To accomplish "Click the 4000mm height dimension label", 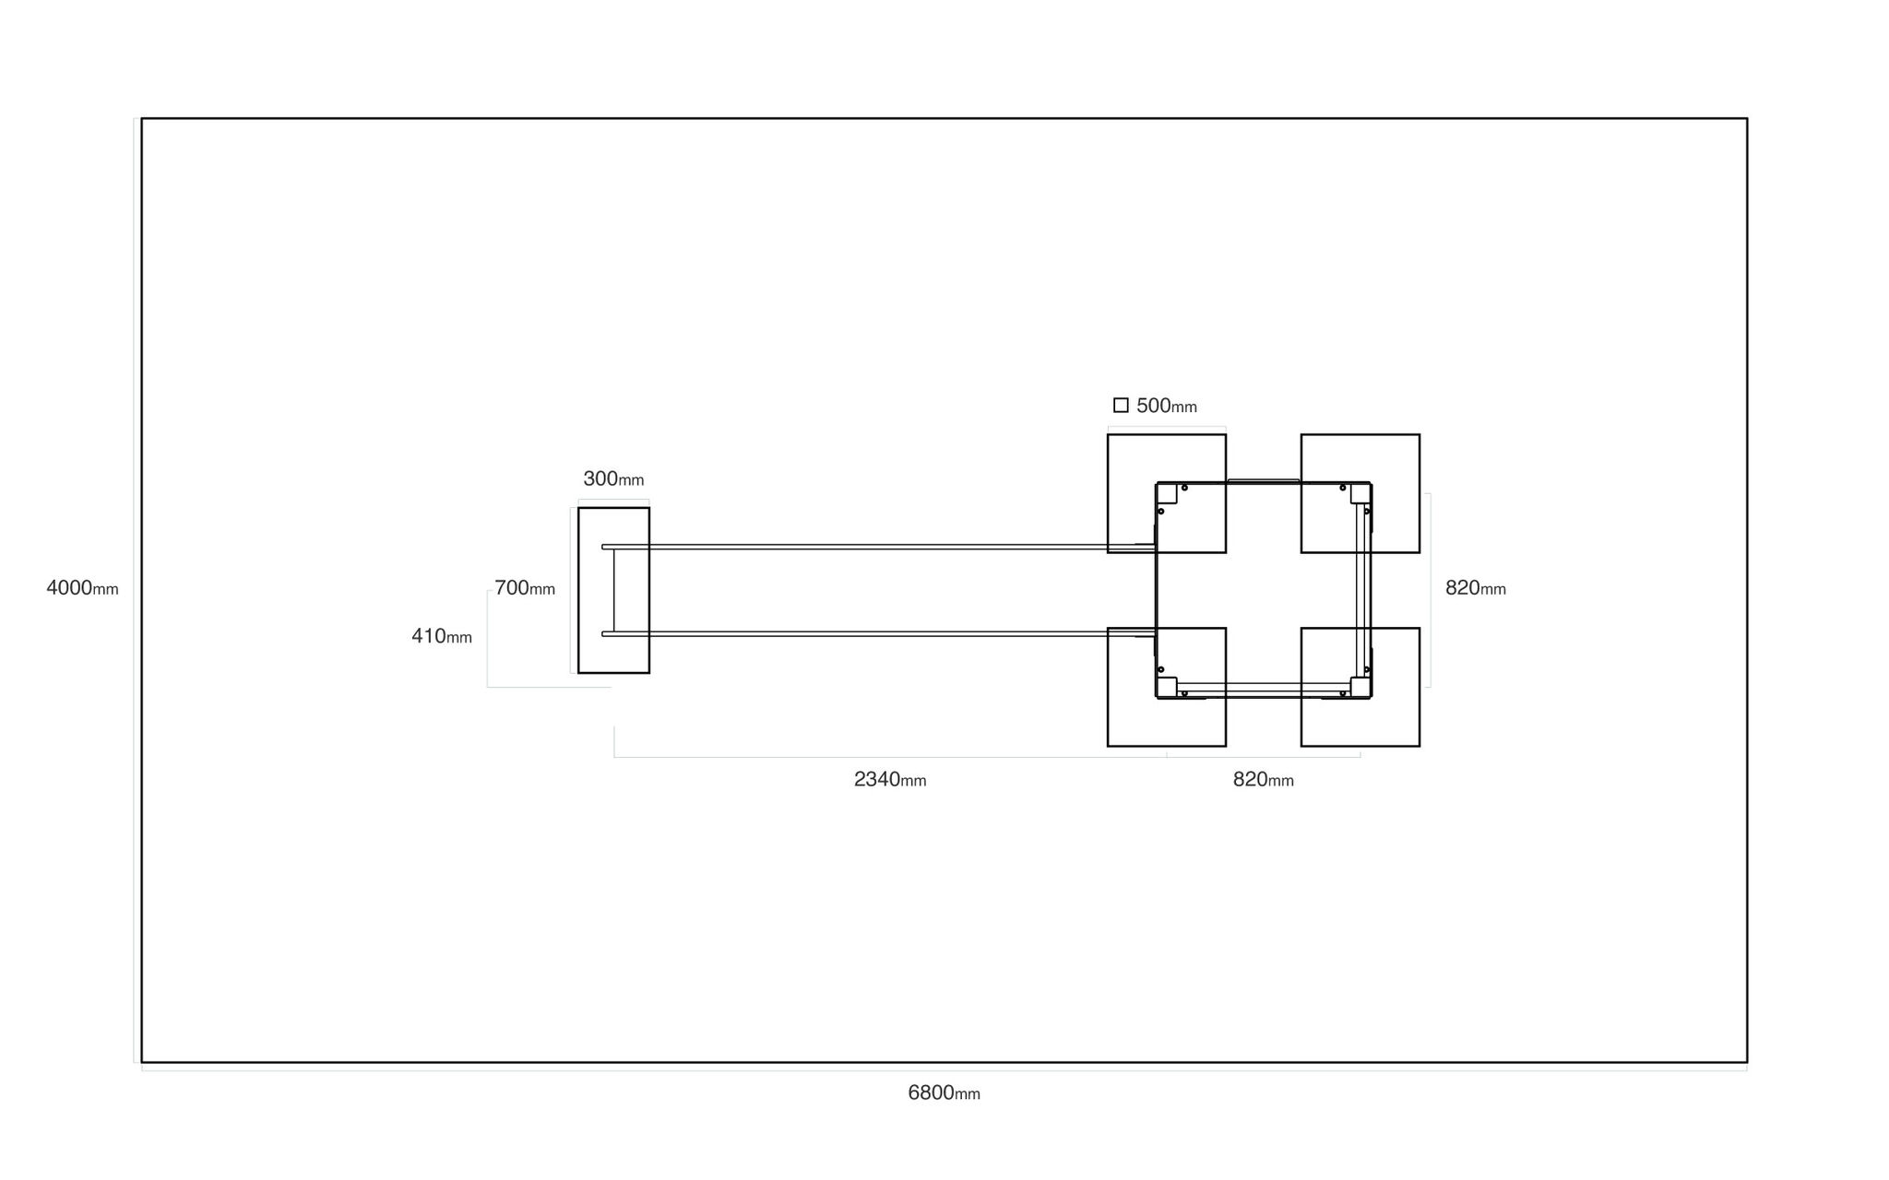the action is click(x=82, y=588).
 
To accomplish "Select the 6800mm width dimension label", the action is click(x=944, y=1093).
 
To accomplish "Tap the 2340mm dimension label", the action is click(x=890, y=780).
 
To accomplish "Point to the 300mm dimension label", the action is click(x=613, y=479).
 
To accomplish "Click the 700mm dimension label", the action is click(x=525, y=588).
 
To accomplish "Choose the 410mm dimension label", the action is click(x=442, y=636).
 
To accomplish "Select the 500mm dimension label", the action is click(x=1167, y=406).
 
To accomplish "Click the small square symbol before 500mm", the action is click(x=1121, y=405).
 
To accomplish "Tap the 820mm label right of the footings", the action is click(x=1476, y=588).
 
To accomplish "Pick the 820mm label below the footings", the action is click(x=1264, y=780).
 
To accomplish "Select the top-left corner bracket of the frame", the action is click(x=1168, y=493).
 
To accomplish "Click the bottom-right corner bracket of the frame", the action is click(x=1360, y=687).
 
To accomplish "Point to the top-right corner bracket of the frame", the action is click(x=1360, y=493).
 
